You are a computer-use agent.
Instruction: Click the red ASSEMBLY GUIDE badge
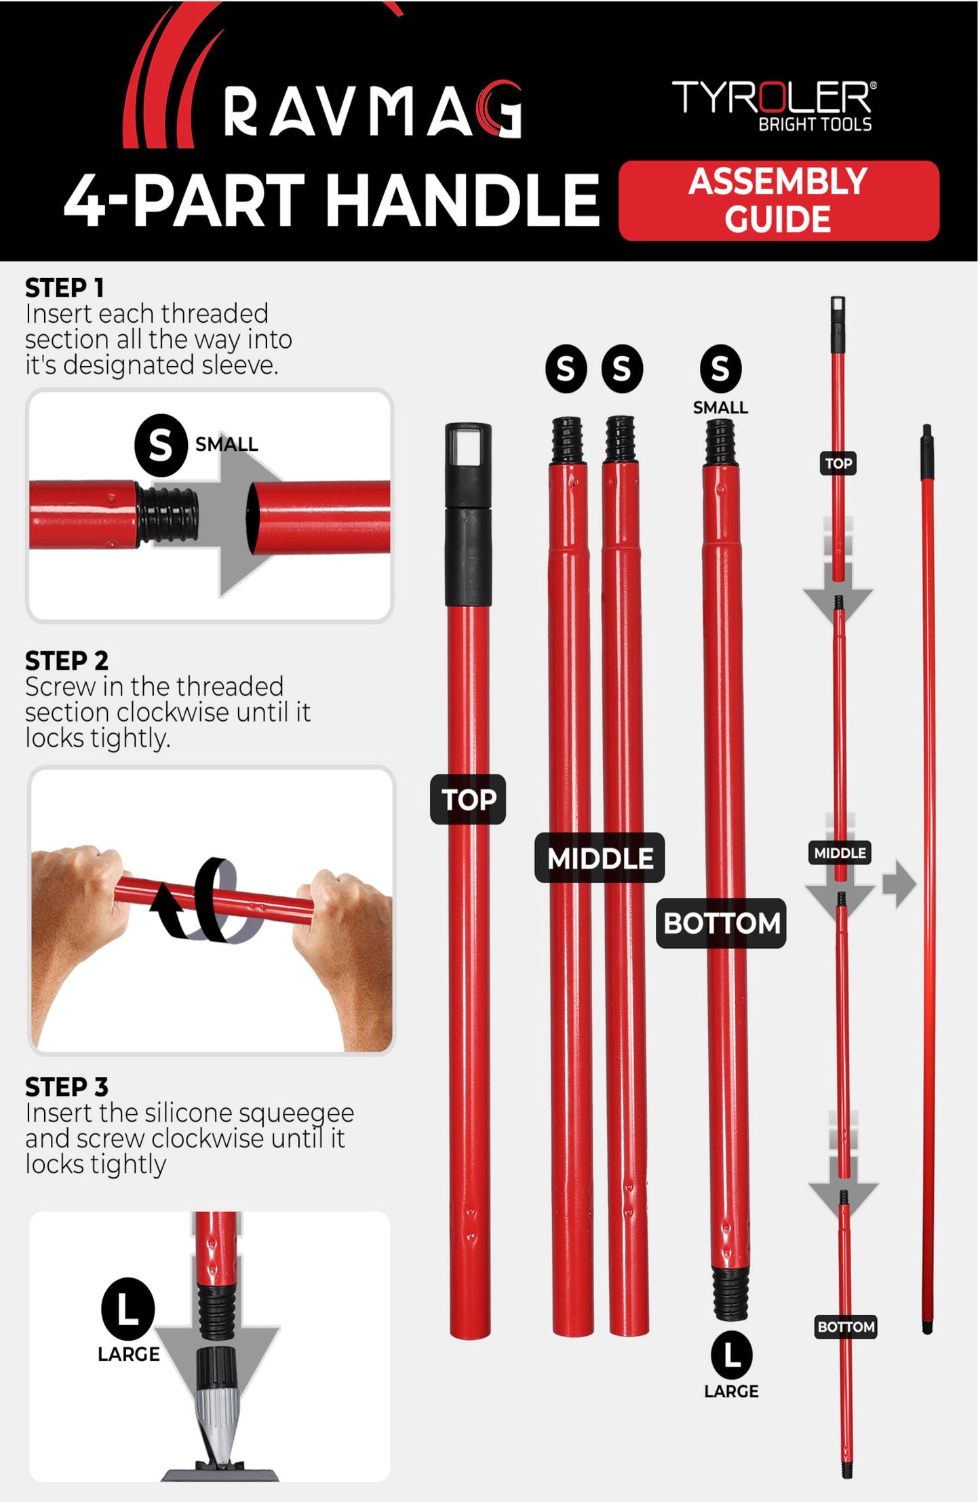tap(779, 201)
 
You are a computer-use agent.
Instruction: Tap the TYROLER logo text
tap(774, 98)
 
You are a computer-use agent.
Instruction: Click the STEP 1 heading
tap(64, 288)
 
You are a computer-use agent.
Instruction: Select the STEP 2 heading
tap(66, 660)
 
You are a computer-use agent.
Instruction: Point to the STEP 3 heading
tap(66, 1087)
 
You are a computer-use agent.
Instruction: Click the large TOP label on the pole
tap(468, 799)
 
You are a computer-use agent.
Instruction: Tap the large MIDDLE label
tap(600, 858)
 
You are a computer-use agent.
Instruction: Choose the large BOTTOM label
tap(721, 923)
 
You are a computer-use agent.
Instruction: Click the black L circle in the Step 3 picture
tap(128, 1309)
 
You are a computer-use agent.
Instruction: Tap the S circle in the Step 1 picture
tap(161, 445)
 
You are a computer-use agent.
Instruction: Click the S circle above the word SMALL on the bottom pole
tap(720, 369)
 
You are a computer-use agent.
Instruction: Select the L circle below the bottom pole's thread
tap(731, 1355)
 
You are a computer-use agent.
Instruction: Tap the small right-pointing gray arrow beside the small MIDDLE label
tap(899, 884)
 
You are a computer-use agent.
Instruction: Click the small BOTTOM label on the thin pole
tap(846, 1326)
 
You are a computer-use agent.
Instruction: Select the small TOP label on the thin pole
tap(838, 463)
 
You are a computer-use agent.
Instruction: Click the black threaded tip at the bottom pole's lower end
tap(730, 1294)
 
